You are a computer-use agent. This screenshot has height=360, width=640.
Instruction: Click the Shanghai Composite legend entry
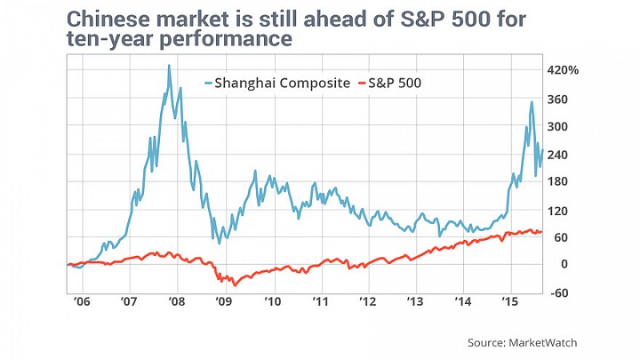click(x=277, y=84)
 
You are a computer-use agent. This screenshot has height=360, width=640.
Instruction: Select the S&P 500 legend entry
click(x=389, y=84)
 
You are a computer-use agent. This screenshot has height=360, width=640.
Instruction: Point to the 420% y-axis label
click(x=563, y=70)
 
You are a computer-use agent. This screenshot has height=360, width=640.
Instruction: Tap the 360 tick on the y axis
click(x=557, y=100)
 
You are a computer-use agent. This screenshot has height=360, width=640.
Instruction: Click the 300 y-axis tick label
click(x=557, y=126)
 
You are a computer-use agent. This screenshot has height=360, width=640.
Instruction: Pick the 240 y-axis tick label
click(x=557, y=155)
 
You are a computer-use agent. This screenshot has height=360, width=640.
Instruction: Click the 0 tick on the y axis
click(x=564, y=264)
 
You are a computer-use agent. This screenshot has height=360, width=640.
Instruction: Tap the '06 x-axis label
click(x=82, y=301)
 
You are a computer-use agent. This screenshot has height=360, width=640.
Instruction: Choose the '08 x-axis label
click(x=176, y=301)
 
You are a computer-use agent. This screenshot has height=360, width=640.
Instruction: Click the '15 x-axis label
click(x=509, y=301)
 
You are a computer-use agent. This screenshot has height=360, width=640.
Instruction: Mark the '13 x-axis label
click(x=416, y=301)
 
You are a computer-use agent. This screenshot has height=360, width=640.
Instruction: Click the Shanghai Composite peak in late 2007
click(x=169, y=65)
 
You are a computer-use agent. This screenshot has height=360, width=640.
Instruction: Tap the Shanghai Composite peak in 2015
click(x=532, y=102)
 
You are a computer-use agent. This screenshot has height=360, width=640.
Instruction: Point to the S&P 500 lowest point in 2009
click(x=235, y=285)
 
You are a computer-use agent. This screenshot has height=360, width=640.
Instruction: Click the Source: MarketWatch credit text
click(x=523, y=342)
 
